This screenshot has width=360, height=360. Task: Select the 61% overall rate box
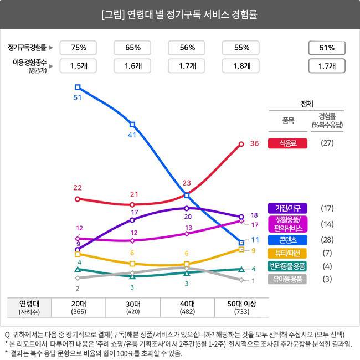point(326,48)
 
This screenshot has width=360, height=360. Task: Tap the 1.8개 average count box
point(241,66)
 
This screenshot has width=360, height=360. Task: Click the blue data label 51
point(78,97)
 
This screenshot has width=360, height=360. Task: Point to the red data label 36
point(255,143)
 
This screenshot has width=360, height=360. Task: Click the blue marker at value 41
point(132,124)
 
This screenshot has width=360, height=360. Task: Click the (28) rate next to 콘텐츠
point(327,240)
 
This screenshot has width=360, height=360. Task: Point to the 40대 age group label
point(187,304)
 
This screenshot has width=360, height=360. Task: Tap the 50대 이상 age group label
point(241,304)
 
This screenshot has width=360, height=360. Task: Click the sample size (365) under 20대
point(78,312)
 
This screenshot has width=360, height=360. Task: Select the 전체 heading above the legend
point(307,104)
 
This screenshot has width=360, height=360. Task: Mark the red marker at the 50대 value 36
point(241,144)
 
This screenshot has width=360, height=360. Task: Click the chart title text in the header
point(180,14)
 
